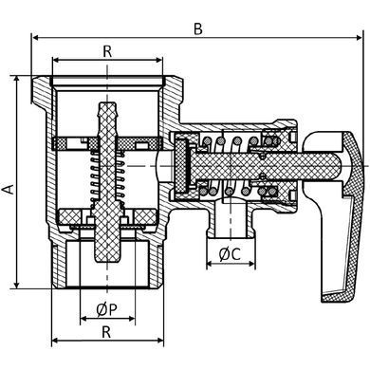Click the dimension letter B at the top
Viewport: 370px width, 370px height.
click(x=198, y=29)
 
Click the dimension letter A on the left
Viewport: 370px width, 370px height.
click(x=9, y=189)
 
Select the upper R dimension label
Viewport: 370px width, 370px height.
click(x=107, y=52)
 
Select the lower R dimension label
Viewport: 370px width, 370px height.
click(x=106, y=332)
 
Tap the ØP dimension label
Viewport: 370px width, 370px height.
click(x=107, y=310)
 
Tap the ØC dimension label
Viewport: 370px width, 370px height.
click(x=230, y=254)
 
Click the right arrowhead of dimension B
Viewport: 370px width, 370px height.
click(x=359, y=38)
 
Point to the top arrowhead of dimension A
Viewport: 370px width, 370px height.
click(x=17, y=79)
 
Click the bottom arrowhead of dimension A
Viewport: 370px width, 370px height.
click(x=17, y=285)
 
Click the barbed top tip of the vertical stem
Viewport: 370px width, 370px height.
click(x=107, y=103)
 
